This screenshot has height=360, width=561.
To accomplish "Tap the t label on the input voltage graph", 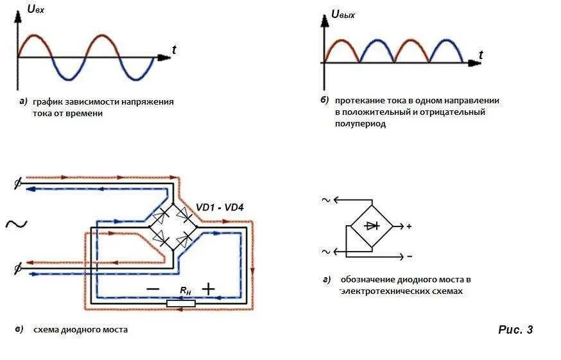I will tap(174, 49).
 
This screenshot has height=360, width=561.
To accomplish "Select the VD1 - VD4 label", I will tap(220, 207).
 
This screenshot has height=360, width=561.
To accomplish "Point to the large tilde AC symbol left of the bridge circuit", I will tap(15, 223).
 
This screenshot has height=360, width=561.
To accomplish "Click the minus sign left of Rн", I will tap(152, 289).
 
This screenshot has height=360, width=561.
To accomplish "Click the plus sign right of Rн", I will tap(208, 289).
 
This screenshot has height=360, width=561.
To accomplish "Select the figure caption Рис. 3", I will tap(515, 330).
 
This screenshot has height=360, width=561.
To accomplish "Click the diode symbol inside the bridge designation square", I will tap(372, 226).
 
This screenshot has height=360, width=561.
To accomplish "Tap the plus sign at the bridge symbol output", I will tap(409, 227).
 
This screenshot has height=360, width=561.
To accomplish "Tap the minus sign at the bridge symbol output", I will tap(409, 256).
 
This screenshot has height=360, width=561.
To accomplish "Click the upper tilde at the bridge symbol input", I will tap(326, 200).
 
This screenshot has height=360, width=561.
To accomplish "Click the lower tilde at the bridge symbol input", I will tap(326, 251).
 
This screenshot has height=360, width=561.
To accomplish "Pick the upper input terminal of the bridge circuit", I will tap(17, 184).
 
